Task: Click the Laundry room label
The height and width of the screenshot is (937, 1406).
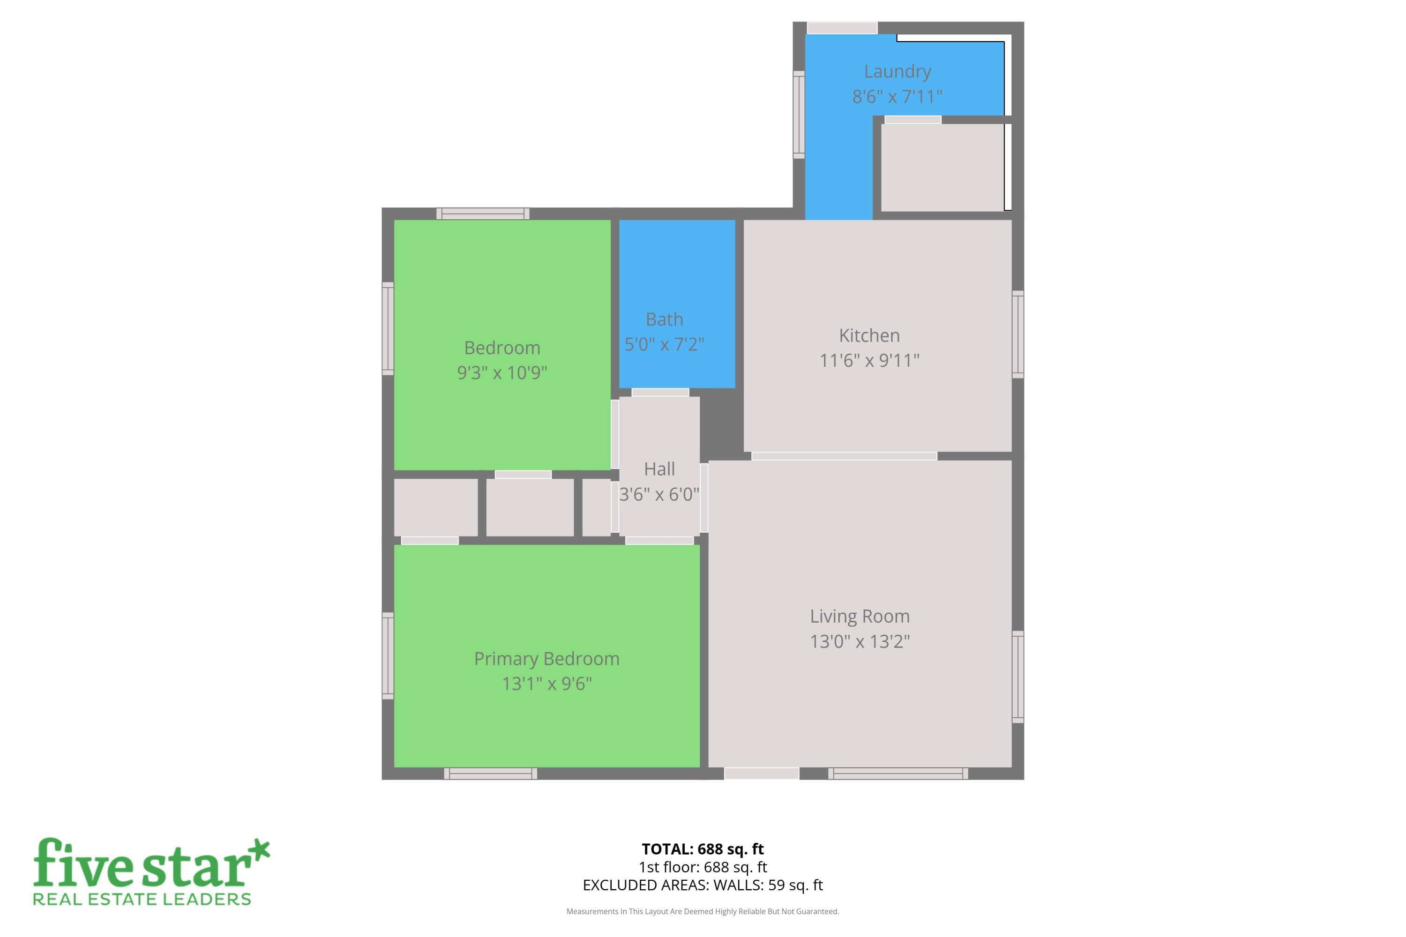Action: pyautogui.click(x=897, y=71)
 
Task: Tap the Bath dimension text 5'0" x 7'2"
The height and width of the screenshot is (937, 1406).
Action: pyautogui.click(x=664, y=344)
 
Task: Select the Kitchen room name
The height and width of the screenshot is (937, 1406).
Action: pyautogui.click(x=869, y=335)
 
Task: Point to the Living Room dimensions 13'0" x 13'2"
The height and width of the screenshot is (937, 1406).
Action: pyautogui.click(x=860, y=641)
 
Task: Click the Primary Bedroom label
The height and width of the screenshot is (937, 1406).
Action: pyautogui.click(x=546, y=659)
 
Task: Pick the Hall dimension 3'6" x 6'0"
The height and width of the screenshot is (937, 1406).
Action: pyautogui.click(x=659, y=494)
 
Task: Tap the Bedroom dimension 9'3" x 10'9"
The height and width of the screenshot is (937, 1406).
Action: pyautogui.click(x=502, y=372)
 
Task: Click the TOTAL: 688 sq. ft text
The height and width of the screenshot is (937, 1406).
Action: pyautogui.click(x=703, y=848)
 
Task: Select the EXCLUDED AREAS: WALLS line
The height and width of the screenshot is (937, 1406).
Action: pyautogui.click(x=703, y=885)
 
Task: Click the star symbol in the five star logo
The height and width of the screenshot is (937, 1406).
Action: pyautogui.click(x=258, y=852)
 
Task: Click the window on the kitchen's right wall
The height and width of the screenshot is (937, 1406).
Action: pyautogui.click(x=1017, y=335)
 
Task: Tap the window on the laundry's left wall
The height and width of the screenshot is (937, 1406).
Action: pyautogui.click(x=799, y=115)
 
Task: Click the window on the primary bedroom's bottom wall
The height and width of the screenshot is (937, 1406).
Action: pyautogui.click(x=490, y=773)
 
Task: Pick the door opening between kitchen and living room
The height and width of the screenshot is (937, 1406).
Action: pyautogui.click(x=844, y=456)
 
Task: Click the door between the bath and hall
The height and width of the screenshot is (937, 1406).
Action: pyautogui.click(x=660, y=393)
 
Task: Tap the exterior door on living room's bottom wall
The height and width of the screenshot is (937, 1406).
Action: pyautogui.click(x=761, y=773)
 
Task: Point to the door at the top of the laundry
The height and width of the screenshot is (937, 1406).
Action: pyautogui.click(x=842, y=28)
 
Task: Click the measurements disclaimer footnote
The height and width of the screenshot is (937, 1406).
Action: pyautogui.click(x=703, y=911)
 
